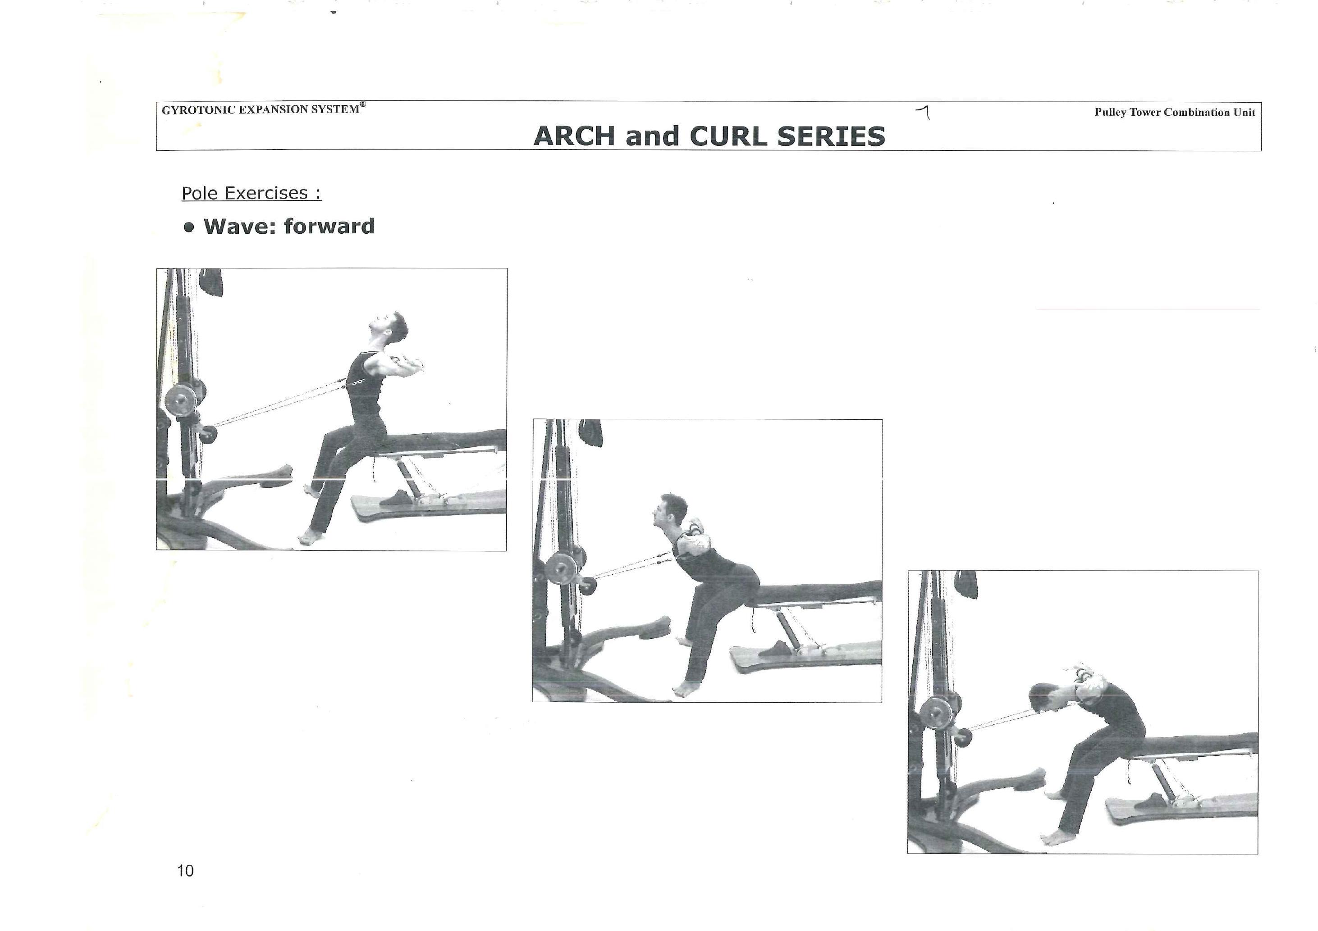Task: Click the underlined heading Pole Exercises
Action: pyautogui.click(x=252, y=193)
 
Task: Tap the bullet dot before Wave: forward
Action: pyautogui.click(x=189, y=227)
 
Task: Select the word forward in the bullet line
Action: pyautogui.click(x=329, y=226)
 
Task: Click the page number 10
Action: pyautogui.click(x=185, y=871)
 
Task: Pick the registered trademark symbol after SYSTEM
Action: pyautogui.click(x=363, y=104)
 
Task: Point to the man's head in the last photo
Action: pyautogui.click(x=1046, y=699)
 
